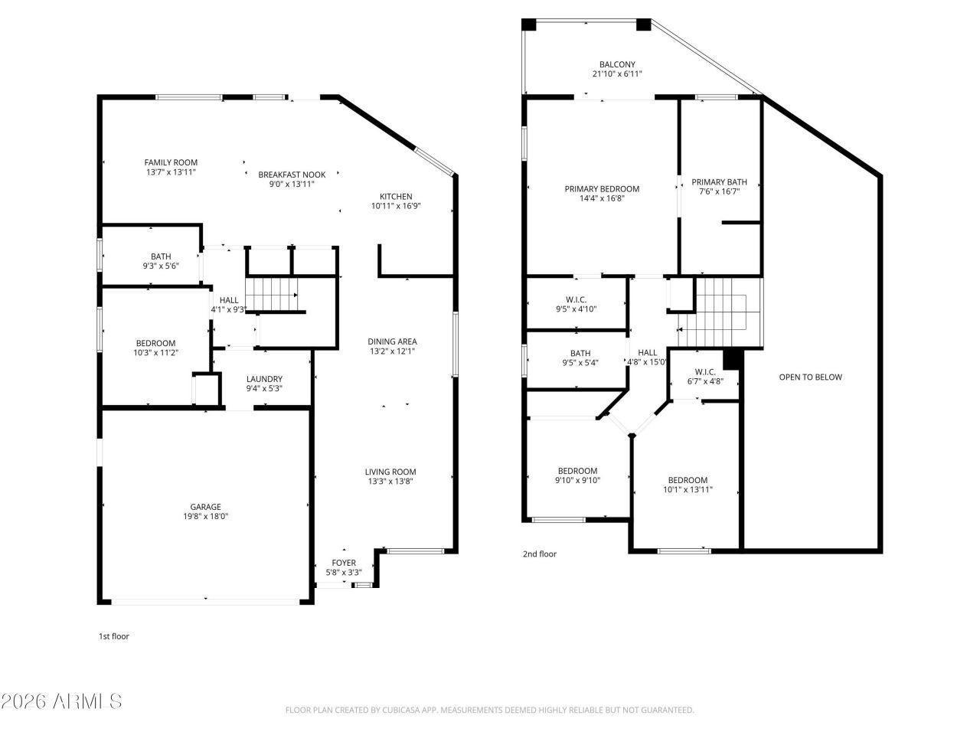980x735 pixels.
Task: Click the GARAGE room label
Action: (x=205, y=507)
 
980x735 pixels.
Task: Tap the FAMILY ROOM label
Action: (x=171, y=162)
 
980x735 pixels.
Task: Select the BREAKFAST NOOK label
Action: (x=292, y=175)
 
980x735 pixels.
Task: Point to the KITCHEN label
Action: (x=396, y=196)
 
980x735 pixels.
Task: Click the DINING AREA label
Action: (x=392, y=341)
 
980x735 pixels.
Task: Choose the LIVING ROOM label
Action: (x=390, y=472)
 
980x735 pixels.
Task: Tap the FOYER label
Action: (x=344, y=563)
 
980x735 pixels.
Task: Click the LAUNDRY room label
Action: (x=264, y=379)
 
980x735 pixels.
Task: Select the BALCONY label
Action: (x=617, y=64)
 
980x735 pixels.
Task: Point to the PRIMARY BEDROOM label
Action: (x=602, y=189)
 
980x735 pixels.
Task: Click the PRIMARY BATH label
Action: (x=719, y=182)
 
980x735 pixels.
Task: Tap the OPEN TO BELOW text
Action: (x=810, y=377)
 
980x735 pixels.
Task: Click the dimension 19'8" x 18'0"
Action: (x=205, y=516)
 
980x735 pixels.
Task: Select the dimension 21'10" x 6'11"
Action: (x=617, y=74)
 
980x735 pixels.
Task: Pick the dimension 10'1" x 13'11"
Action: (x=688, y=489)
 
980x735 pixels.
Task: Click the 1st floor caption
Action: (x=114, y=636)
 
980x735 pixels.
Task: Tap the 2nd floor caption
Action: (x=540, y=554)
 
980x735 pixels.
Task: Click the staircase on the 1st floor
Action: (x=272, y=295)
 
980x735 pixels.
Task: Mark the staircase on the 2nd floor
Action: (x=719, y=312)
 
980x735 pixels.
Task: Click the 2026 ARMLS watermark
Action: (x=61, y=701)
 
